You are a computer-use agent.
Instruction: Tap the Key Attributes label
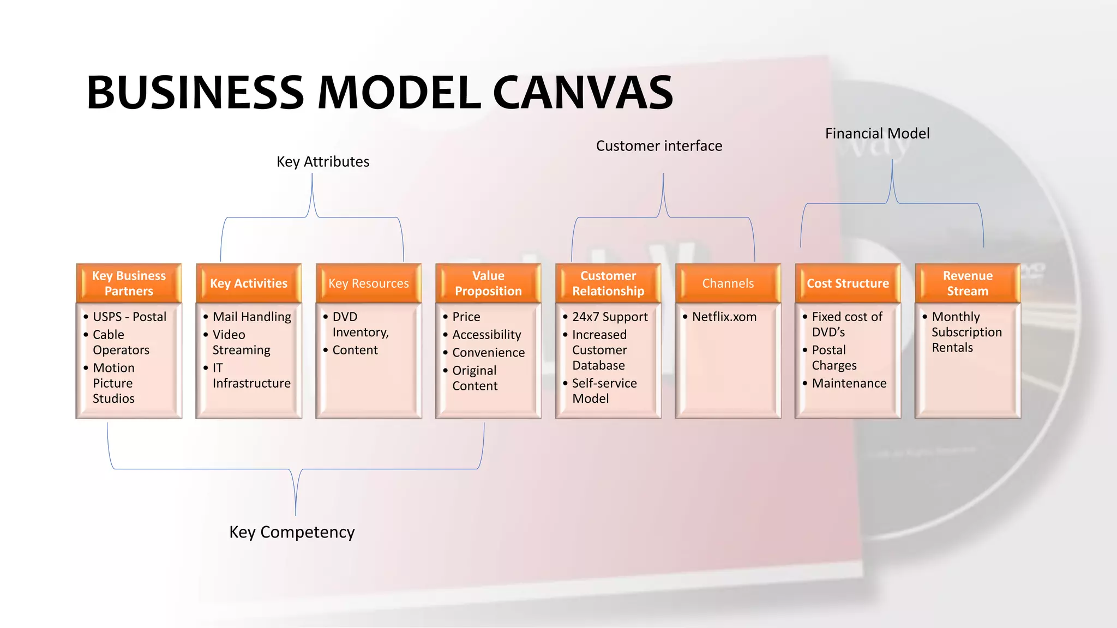(x=323, y=162)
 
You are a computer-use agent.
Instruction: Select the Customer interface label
(x=659, y=146)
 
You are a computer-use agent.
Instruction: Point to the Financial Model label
(x=877, y=134)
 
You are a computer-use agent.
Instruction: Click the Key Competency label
(x=292, y=532)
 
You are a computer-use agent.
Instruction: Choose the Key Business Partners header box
(x=129, y=283)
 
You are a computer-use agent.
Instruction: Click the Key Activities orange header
(x=249, y=283)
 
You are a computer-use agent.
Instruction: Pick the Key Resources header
(x=369, y=283)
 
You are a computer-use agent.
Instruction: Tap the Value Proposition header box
(x=488, y=283)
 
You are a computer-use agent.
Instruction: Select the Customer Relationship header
(x=608, y=283)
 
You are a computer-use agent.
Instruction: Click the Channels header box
(x=728, y=283)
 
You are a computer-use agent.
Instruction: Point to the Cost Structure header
(x=848, y=283)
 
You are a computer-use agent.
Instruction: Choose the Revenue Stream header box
(x=968, y=283)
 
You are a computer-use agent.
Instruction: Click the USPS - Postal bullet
(x=129, y=317)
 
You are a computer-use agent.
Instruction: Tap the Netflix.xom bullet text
(x=724, y=317)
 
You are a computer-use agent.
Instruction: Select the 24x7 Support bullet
(x=609, y=317)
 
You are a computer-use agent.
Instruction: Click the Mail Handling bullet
(x=251, y=317)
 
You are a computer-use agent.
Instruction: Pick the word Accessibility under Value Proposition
(x=487, y=335)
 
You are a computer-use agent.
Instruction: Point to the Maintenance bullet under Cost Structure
(x=849, y=383)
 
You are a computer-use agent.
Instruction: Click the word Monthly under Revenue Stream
(x=956, y=317)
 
